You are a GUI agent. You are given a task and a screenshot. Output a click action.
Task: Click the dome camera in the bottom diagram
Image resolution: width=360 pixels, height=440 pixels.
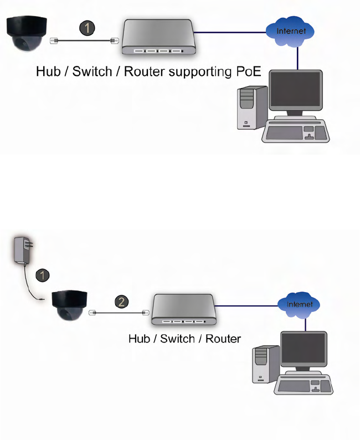(68, 305)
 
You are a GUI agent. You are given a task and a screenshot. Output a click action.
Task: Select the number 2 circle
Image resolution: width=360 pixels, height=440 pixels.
(122, 303)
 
